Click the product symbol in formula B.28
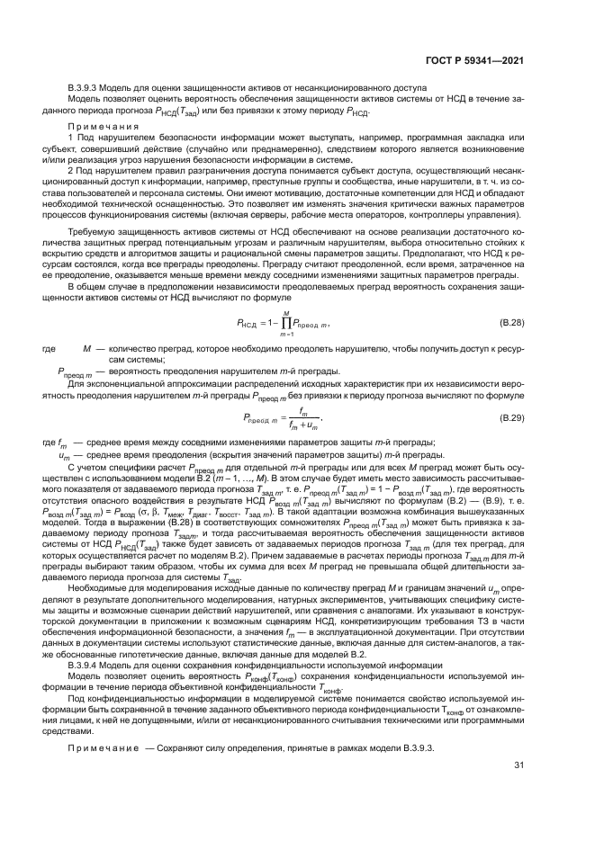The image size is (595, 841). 286,323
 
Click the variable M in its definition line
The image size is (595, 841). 87,346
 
